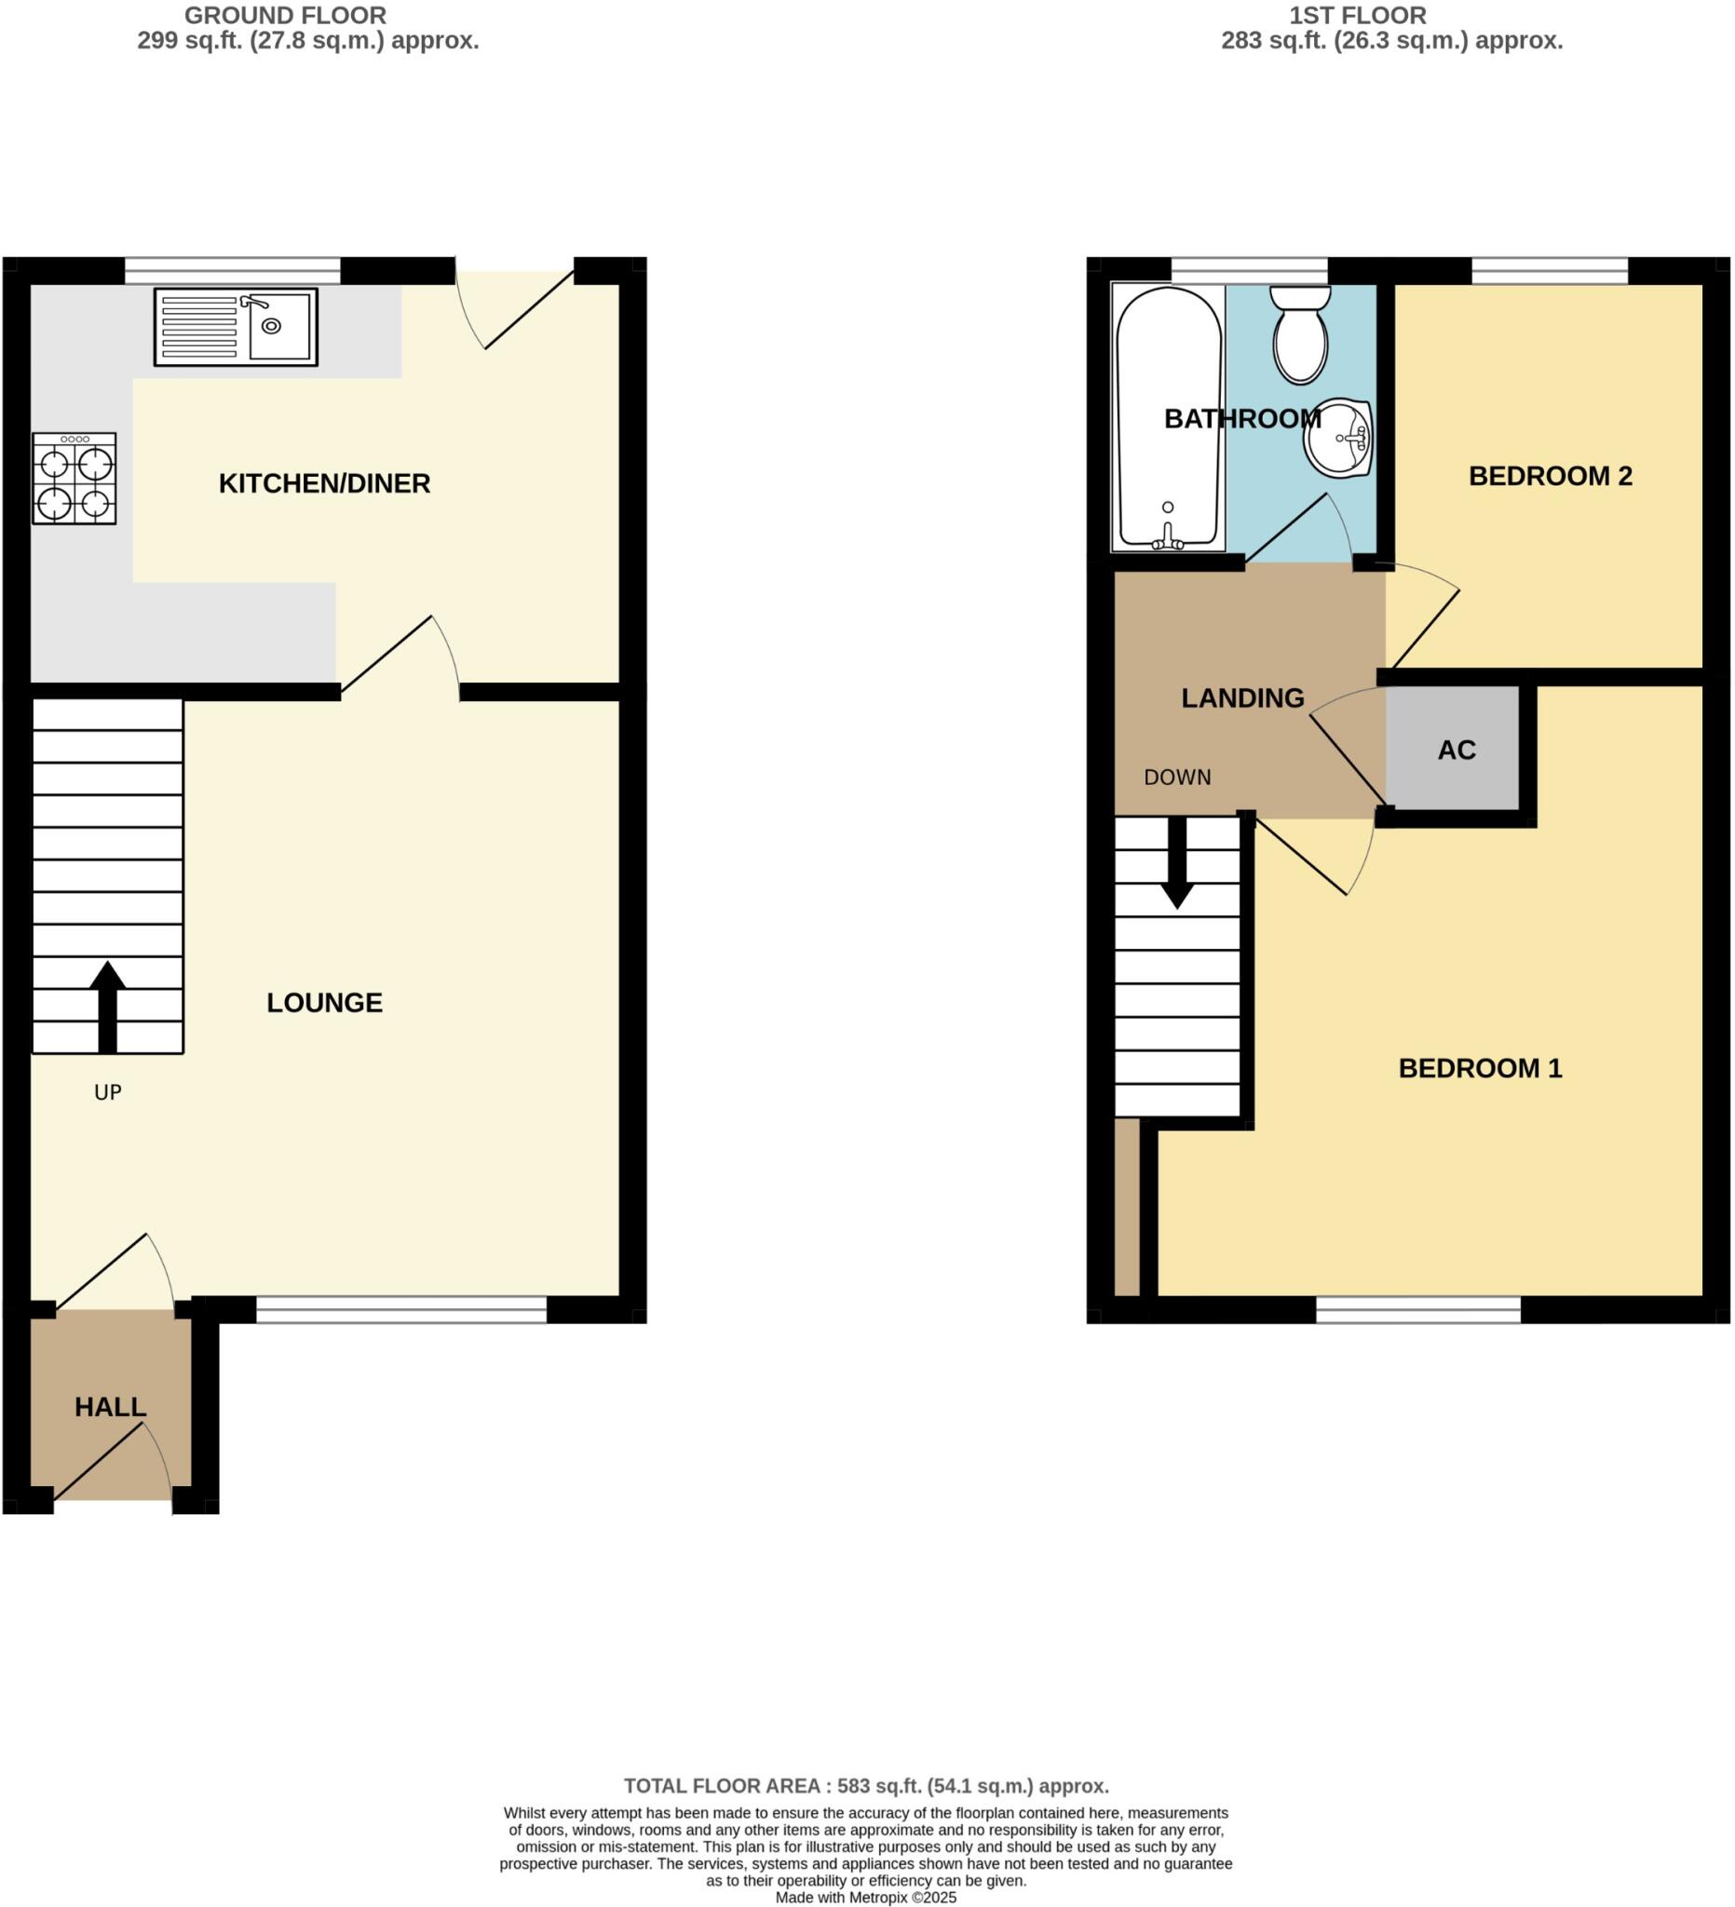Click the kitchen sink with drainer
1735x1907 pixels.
click(x=236, y=327)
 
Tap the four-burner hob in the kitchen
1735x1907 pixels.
click(x=74, y=479)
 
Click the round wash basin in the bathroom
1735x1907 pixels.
click(x=1338, y=438)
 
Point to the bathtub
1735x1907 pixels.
click(x=1169, y=417)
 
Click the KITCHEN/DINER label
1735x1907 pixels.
click(x=324, y=483)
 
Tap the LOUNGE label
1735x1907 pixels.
click(x=324, y=1003)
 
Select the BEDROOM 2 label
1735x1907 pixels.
click(x=1550, y=476)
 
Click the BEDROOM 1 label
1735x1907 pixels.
click(x=1480, y=1068)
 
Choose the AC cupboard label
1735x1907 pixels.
click(x=1456, y=751)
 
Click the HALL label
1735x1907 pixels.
click(x=111, y=1408)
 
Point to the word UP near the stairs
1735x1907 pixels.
click(x=108, y=1092)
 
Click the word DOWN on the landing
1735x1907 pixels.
click(x=1177, y=778)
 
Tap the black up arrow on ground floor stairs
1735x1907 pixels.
click(x=108, y=1007)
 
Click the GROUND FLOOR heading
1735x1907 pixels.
click(x=285, y=16)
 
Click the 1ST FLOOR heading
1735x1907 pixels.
click(x=1358, y=16)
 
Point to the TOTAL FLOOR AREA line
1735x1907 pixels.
click(x=865, y=1786)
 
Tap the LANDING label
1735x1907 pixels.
click(x=1242, y=698)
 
